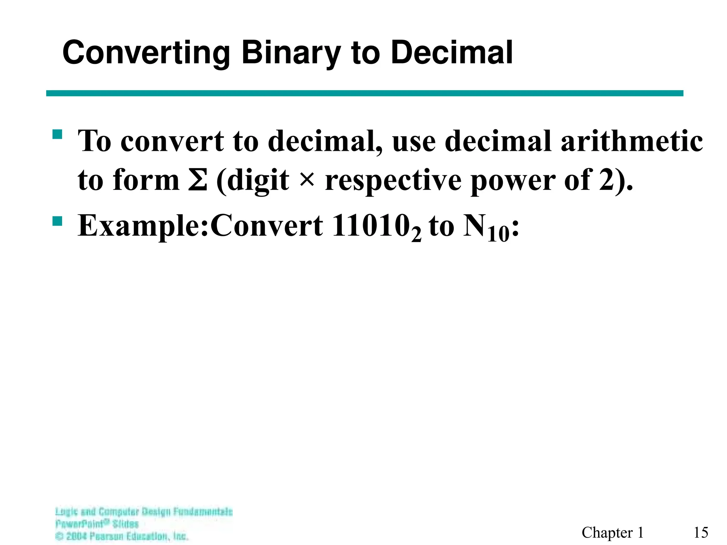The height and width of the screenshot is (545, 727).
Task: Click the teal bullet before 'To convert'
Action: tap(57, 134)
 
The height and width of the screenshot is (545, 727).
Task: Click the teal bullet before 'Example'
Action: tap(57, 221)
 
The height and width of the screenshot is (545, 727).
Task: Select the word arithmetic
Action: tap(632, 141)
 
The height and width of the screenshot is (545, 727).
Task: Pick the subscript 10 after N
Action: tap(498, 235)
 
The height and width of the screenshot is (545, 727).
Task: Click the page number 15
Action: tap(701, 533)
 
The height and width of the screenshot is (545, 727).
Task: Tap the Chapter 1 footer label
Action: tap(613, 533)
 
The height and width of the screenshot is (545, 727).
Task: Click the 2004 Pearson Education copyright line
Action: tap(122, 536)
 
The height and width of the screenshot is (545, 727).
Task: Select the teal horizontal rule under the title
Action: tap(365, 93)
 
